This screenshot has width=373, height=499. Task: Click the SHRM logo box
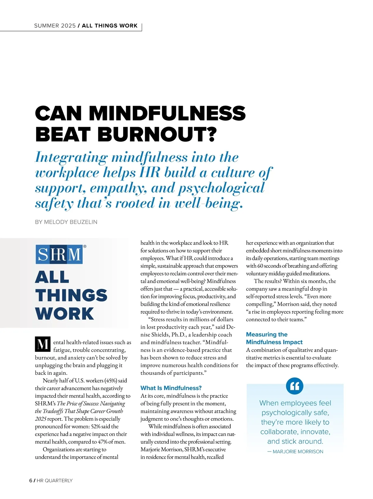[59, 254]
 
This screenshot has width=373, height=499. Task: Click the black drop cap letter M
[42, 344]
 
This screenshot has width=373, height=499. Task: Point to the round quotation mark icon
[294, 386]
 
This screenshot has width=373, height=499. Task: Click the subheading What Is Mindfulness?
[171, 388]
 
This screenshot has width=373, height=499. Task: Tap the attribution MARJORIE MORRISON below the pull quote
[298, 451]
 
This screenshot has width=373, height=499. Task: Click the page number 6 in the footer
[30, 480]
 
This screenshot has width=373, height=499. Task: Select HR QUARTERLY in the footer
[55, 480]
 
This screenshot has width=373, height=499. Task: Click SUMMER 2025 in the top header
[55, 26]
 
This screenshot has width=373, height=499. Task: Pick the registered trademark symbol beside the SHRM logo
[85, 247]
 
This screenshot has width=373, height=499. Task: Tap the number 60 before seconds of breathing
[260, 266]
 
